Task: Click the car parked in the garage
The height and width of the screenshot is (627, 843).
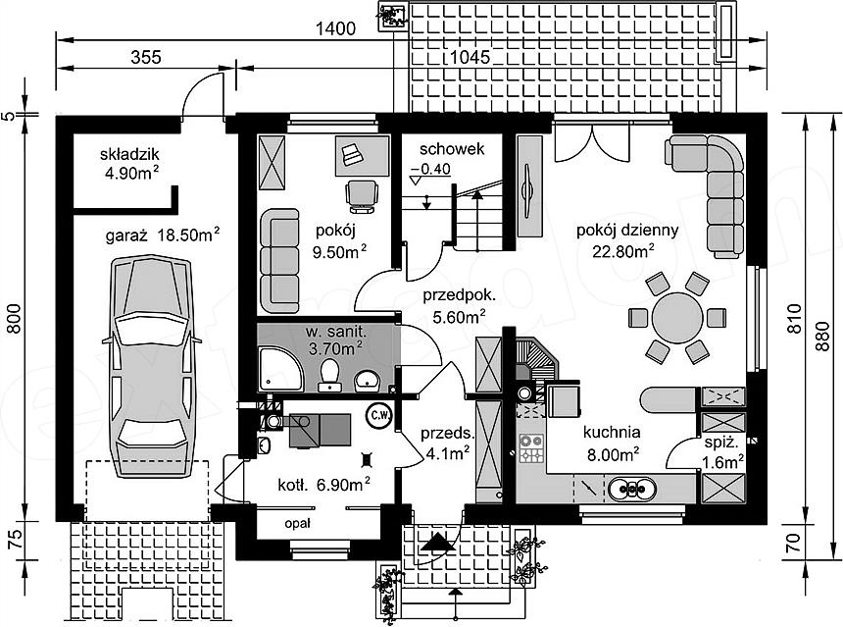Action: [152, 367]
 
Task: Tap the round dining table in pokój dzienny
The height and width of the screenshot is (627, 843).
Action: [677, 318]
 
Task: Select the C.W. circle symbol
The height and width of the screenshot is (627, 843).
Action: [380, 414]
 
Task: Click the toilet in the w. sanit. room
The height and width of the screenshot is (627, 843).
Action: [329, 374]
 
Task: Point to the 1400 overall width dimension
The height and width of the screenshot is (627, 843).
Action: [335, 28]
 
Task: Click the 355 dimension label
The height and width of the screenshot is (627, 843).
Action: [146, 57]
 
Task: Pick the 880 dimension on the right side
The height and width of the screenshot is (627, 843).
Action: [822, 337]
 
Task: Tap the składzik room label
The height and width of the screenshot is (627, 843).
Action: [129, 154]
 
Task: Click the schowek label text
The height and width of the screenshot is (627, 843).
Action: [452, 149]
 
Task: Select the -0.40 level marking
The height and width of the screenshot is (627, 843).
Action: [430, 169]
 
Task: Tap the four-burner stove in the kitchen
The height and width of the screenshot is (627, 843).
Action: [531, 449]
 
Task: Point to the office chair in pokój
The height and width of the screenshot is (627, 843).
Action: [362, 196]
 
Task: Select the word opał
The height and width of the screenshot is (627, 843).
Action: [297, 523]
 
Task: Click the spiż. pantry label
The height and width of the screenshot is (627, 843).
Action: [721, 444]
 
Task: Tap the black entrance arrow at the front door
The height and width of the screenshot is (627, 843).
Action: [437, 542]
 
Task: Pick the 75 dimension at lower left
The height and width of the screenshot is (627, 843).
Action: [16, 541]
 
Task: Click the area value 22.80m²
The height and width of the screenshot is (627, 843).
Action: [623, 251]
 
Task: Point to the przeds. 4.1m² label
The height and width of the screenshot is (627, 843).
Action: [448, 444]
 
